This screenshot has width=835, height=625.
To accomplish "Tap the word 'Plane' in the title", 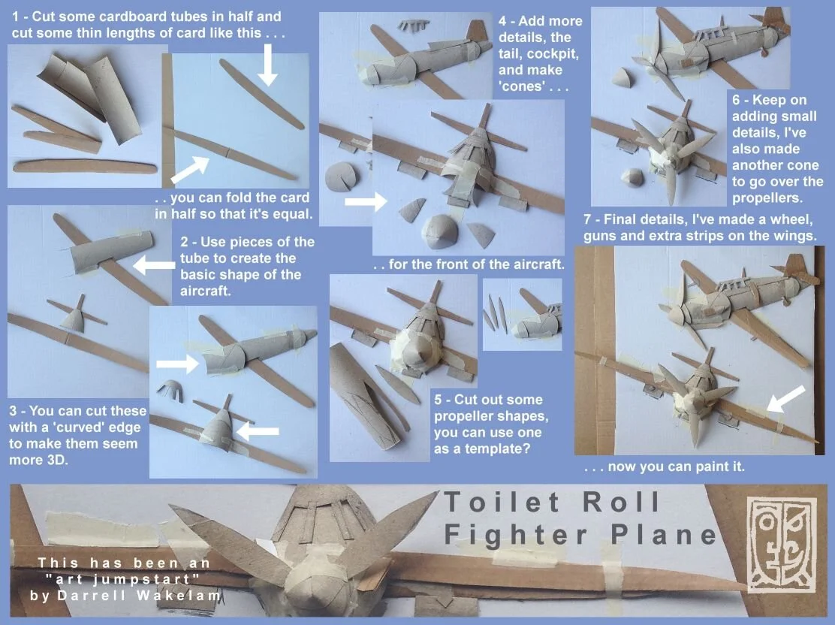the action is [664, 534].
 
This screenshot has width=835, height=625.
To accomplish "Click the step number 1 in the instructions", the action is [16, 17].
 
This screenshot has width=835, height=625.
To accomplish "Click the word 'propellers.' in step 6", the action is [767, 198].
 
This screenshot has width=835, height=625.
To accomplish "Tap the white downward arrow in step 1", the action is [268, 65].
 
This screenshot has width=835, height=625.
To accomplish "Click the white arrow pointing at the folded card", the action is [189, 170].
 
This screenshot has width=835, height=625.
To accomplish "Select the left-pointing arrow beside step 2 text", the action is [153, 264].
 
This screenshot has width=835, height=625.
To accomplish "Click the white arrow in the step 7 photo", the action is [785, 399].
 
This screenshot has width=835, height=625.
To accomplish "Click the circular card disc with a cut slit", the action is [342, 177].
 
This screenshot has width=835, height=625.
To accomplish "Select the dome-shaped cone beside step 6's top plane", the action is [623, 78].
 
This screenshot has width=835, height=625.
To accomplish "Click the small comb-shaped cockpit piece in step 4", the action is [413, 25].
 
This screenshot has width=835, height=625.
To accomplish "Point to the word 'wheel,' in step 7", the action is [792, 219].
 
